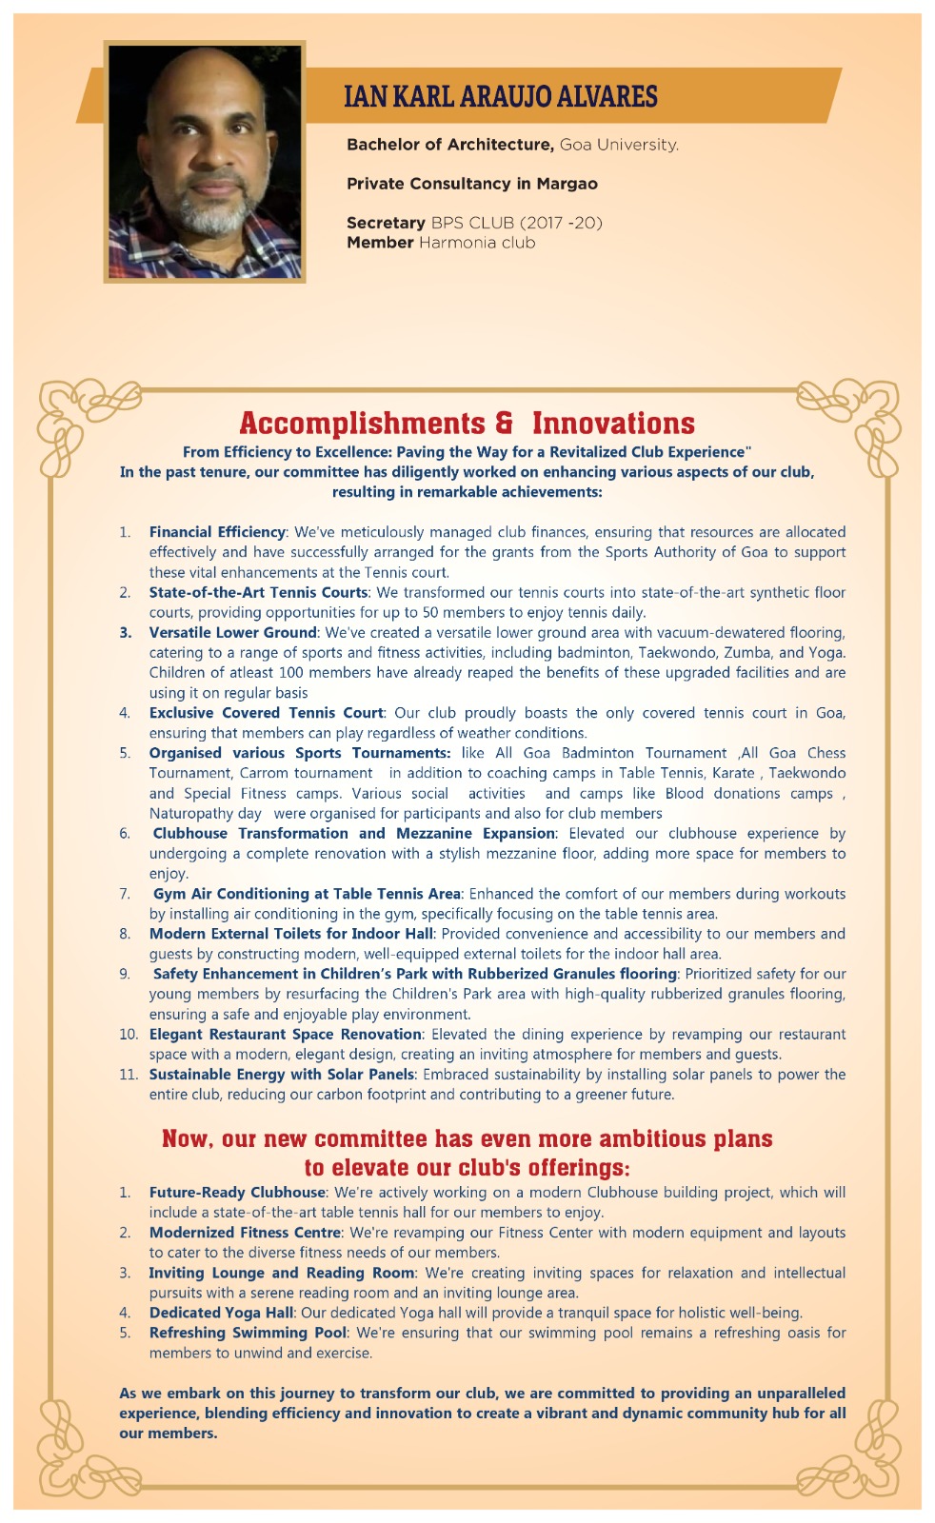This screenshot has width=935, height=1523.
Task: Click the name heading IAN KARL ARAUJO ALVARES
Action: coord(500,96)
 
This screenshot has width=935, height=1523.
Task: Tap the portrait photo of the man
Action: coord(205,162)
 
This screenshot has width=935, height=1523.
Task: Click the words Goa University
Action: coord(619,145)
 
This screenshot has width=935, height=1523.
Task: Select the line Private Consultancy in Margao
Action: coord(471,184)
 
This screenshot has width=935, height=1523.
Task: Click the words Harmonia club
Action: coord(477,243)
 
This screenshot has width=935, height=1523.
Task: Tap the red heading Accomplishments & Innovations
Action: coord(467,423)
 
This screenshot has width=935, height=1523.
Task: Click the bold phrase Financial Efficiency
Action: coord(217,532)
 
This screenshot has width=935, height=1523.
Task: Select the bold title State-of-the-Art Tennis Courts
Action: coord(258,592)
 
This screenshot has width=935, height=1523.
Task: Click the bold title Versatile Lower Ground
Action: coord(232,632)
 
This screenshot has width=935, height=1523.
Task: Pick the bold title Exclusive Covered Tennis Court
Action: coord(266,713)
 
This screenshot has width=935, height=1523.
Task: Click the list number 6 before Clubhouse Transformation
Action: coord(125,834)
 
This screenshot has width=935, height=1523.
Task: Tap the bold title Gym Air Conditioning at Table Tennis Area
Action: coord(307,894)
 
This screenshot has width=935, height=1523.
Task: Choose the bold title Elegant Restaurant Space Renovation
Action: coord(285,1034)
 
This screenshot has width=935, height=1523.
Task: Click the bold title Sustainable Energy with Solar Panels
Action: coord(281,1075)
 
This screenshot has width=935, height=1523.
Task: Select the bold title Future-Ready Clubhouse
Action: coord(237,1193)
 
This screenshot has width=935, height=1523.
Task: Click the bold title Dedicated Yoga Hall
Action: coord(221,1313)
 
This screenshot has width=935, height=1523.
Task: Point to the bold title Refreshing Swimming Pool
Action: coord(248,1333)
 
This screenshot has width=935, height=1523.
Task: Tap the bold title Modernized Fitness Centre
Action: coord(245,1233)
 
